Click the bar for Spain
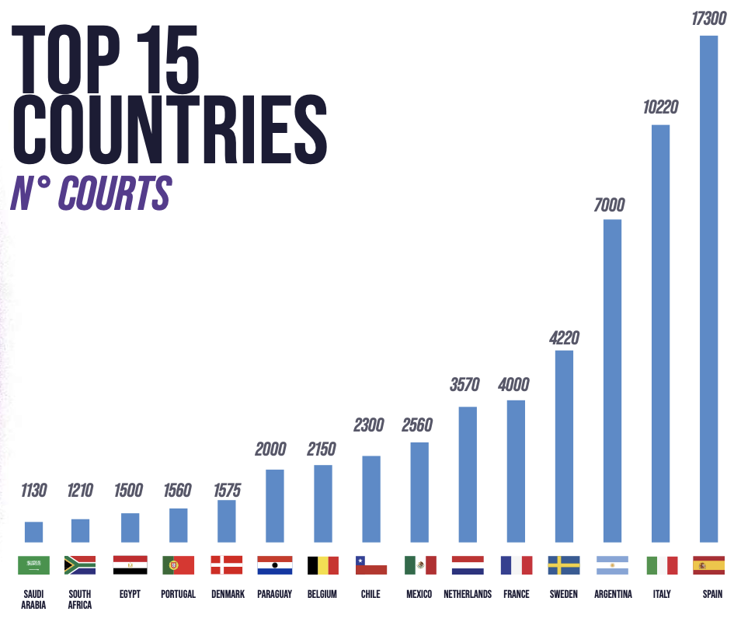(x=708, y=288)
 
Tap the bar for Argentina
(x=612, y=380)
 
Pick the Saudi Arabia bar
(x=33, y=531)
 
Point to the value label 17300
(x=709, y=18)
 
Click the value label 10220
(x=660, y=108)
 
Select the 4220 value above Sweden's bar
(x=564, y=338)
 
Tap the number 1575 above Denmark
(x=226, y=490)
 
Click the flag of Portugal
(x=178, y=564)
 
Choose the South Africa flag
(x=80, y=564)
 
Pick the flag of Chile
(x=370, y=564)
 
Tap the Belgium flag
(x=322, y=564)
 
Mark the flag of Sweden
(x=564, y=564)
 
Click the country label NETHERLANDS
(x=468, y=594)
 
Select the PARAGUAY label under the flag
(x=274, y=594)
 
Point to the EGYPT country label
(x=130, y=594)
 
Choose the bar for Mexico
(x=419, y=491)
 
